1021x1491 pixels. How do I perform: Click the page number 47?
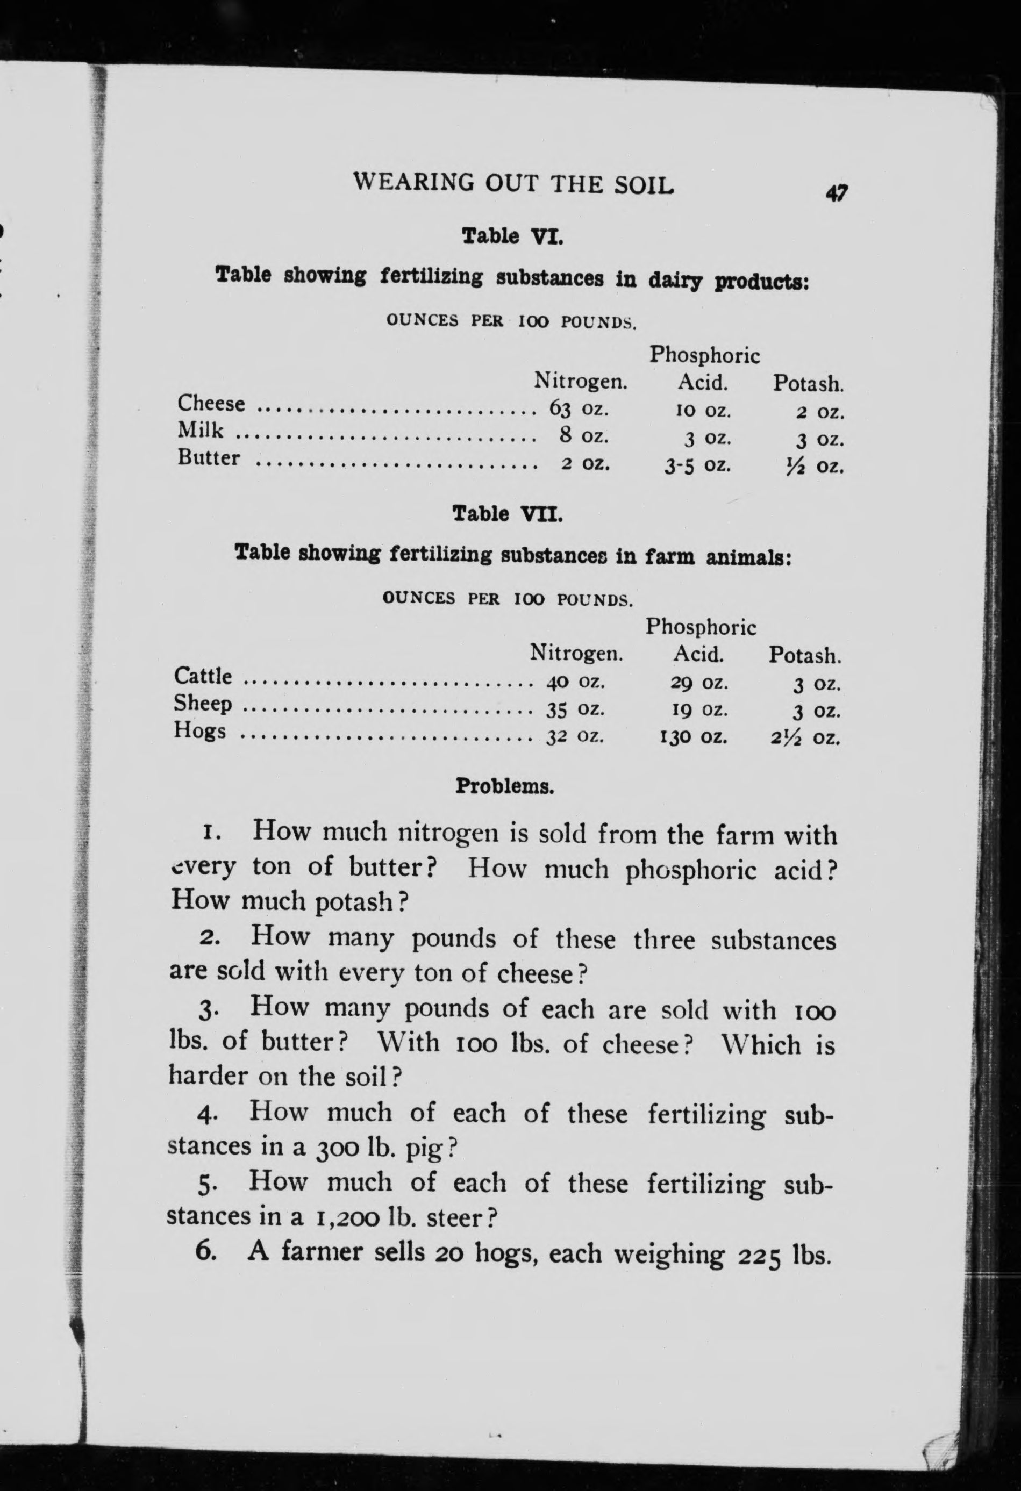tap(837, 193)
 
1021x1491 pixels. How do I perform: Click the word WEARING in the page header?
tap(413, 184)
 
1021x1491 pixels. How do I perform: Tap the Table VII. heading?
tap(508, 514)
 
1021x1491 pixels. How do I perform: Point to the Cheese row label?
tap(211, 404)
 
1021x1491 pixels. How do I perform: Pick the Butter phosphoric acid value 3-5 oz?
tap(697, 464)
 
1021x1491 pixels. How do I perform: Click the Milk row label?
tap(200, 430)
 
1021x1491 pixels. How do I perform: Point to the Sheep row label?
tap(203, 704)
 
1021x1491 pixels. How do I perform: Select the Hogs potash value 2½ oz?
tap(805, 739)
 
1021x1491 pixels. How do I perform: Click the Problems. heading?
tap(504, 786)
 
